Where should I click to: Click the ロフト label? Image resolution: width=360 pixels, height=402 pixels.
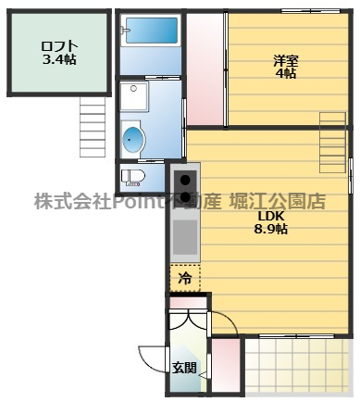coord(57,46)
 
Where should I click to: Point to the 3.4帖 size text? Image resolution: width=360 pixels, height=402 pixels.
coord(58,60)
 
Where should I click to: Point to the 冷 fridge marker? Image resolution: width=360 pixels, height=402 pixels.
coord(185,277)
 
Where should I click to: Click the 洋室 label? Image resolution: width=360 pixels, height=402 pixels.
coord(286,60)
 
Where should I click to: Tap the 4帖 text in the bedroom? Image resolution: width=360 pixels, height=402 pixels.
coord(286,73)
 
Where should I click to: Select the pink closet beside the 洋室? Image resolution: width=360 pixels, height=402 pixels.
coord(205,69)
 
